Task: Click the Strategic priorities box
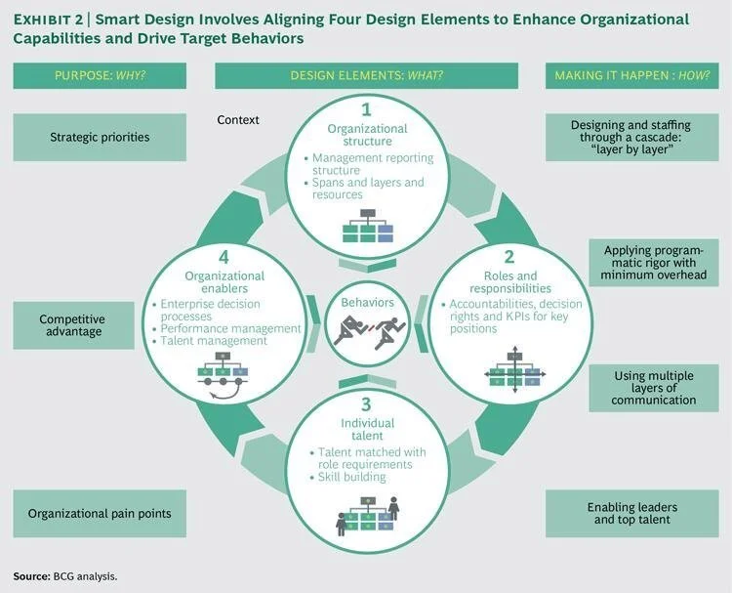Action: point(100,137)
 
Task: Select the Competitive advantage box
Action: point(72,325)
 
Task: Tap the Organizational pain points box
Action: point(100,513)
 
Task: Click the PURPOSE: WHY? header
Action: point(100,75)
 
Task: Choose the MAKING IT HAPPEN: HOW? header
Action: point(631,75)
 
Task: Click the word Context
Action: point(238,120)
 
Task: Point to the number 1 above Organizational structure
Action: point(366,109)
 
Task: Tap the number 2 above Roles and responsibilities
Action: point(508,258)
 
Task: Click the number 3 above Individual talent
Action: point(367,404)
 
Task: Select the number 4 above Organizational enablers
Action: point(224,258)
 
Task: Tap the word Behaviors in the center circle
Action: point(367,303)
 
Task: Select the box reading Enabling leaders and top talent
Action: point(631,514)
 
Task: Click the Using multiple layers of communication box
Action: point(654,387)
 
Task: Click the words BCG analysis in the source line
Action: point(85,576)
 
